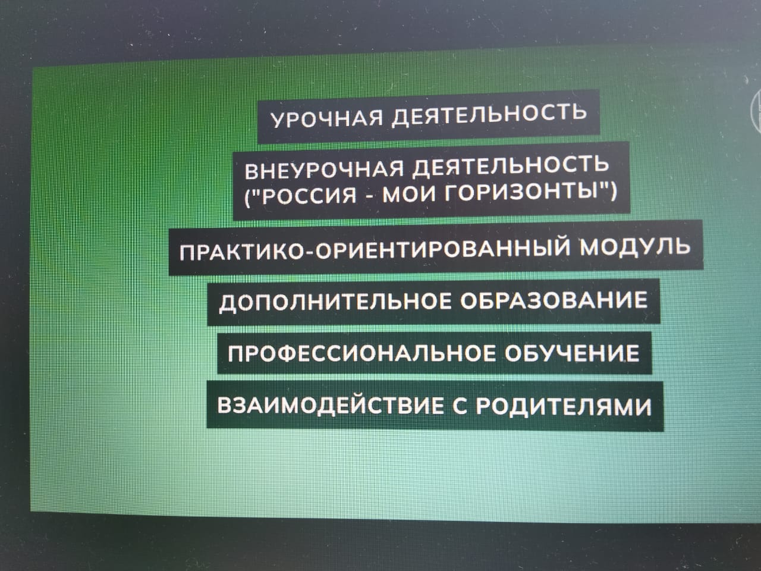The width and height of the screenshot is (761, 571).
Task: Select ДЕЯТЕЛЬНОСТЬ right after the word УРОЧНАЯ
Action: pos(489,114)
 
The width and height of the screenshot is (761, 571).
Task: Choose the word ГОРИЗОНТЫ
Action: pos(522,192)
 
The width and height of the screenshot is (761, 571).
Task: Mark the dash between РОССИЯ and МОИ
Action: pos(369,197)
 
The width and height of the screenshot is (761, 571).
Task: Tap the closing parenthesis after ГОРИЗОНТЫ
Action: pos(612,192)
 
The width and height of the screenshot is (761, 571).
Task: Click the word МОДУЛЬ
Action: pos(635,246)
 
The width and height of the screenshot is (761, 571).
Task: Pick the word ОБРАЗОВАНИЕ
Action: pos(554,300)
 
